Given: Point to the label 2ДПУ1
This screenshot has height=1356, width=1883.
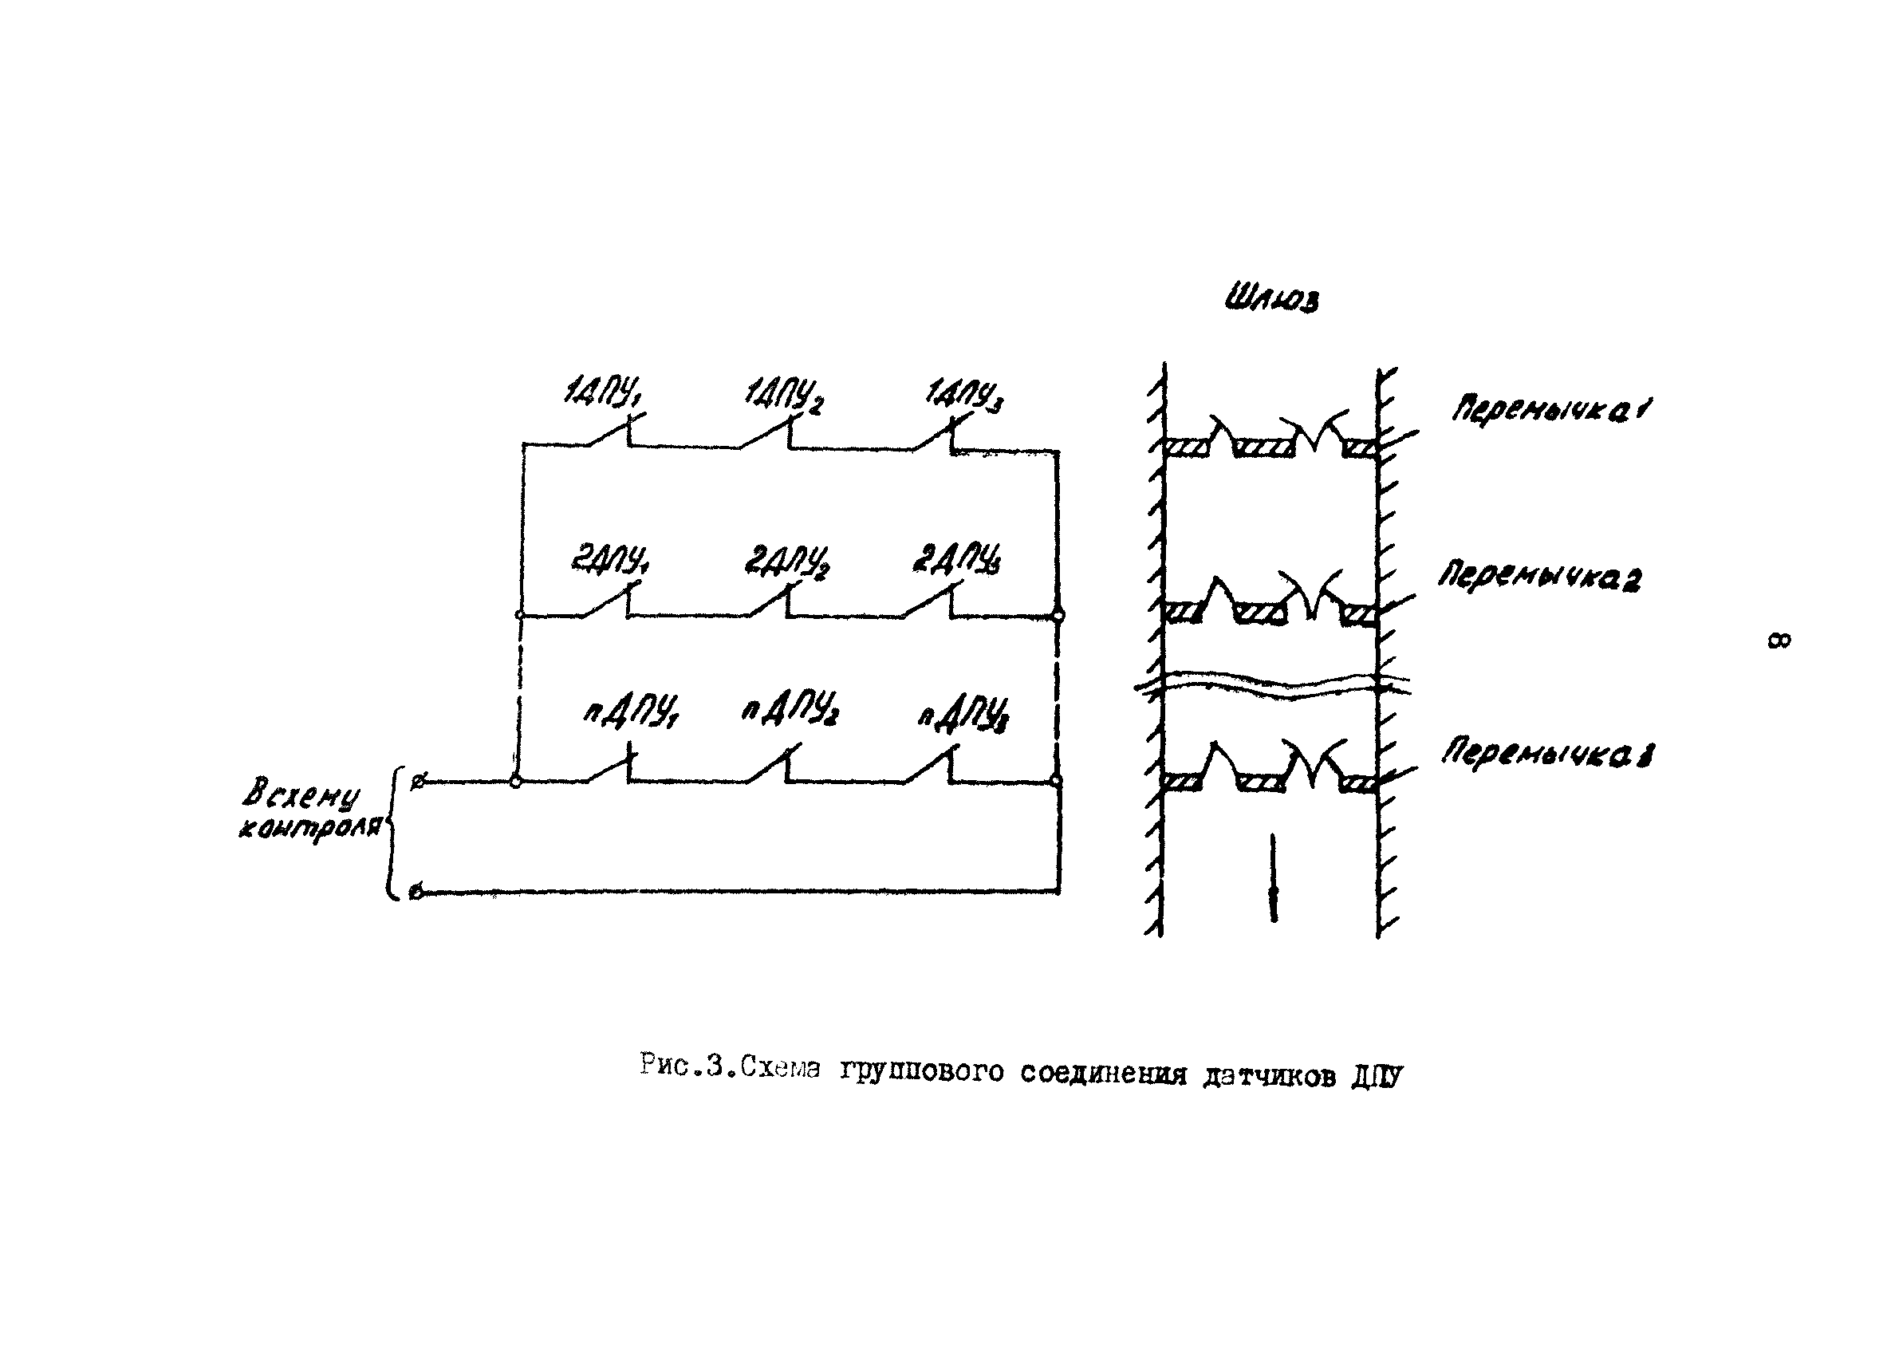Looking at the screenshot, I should pos(609,561).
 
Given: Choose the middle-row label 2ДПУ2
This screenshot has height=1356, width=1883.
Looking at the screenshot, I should pos(786,562).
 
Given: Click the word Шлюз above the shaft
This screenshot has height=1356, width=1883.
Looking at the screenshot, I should pos(1271,299).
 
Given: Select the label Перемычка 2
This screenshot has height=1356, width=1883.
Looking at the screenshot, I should pos(1538,576).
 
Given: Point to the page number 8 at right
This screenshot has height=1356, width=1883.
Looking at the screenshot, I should pos(1779,641).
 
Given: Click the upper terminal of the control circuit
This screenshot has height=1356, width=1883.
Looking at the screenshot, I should pos(419,782).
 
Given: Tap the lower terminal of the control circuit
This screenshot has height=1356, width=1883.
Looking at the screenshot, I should pos(417,893).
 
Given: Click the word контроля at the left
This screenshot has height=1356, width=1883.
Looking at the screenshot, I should pos(309,829).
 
